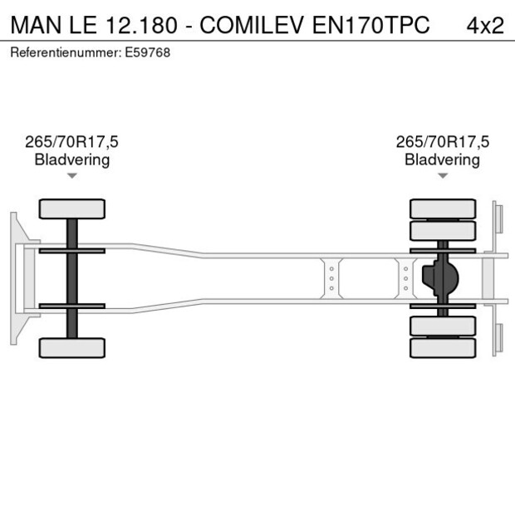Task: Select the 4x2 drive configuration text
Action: tap(484, 25)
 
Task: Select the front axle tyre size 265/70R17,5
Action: tap(71, 142)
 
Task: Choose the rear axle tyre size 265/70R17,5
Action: tap(442, 142)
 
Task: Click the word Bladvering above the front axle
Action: tap(71, 159)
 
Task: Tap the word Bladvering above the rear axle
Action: tap(442, 159)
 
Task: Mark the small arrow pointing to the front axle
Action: tap(71, 176)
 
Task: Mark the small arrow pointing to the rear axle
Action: tap(442, 176)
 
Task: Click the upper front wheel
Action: tap(71, 208)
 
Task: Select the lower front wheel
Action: tap(71, 347)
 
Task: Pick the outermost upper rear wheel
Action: tap(443, 208)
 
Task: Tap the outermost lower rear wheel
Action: tap(443, 347)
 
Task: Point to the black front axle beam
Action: tap(71, 278)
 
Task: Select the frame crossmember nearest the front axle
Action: tap(331, 278)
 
